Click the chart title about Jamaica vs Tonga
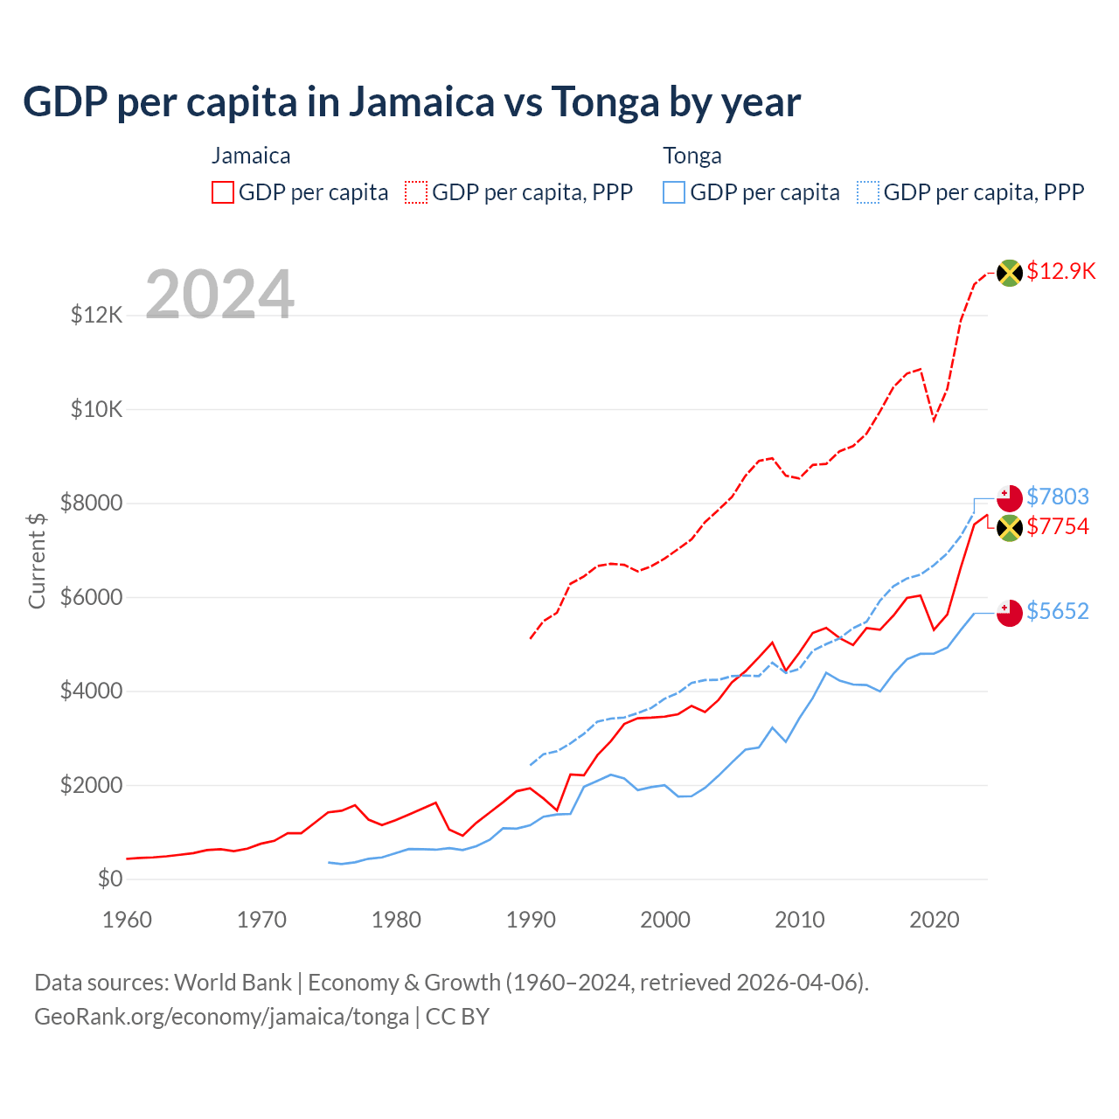click(411, 102)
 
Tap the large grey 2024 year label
click(219, 295)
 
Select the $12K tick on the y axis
click(97, 315)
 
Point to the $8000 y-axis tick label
click(91, 503)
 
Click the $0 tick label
click(110, 879)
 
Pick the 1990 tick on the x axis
click(531, 920)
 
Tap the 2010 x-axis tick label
click(800, 920)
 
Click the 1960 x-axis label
click(128, 920)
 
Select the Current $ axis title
click(37, 560)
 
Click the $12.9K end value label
click(1060, 271)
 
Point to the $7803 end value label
click(1058, 497)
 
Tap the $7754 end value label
click(1058, 526)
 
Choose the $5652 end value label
click(1058, 611)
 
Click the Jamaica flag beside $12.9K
click(1010, 273)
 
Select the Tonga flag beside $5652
click(1010, 613)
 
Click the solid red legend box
click(223, 192)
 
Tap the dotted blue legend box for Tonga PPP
click(868, 192)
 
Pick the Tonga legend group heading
click(692, 156)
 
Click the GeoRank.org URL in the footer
click(222, 1017)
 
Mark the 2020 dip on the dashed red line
click(934, 420)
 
